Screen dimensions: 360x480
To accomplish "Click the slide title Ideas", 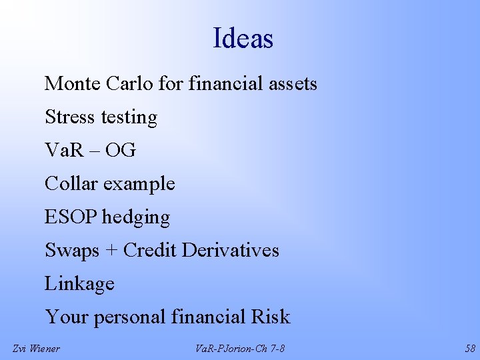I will (x=243, y=39).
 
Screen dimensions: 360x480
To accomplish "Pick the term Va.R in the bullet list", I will (x=63, y=151).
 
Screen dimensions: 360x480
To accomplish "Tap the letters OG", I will (x=121, y=151).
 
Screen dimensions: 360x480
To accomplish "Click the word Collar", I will (x=69, y=184).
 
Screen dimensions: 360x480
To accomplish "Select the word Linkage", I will (x=79, y=285).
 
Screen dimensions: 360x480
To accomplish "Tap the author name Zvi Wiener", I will (x=36, y=348).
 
